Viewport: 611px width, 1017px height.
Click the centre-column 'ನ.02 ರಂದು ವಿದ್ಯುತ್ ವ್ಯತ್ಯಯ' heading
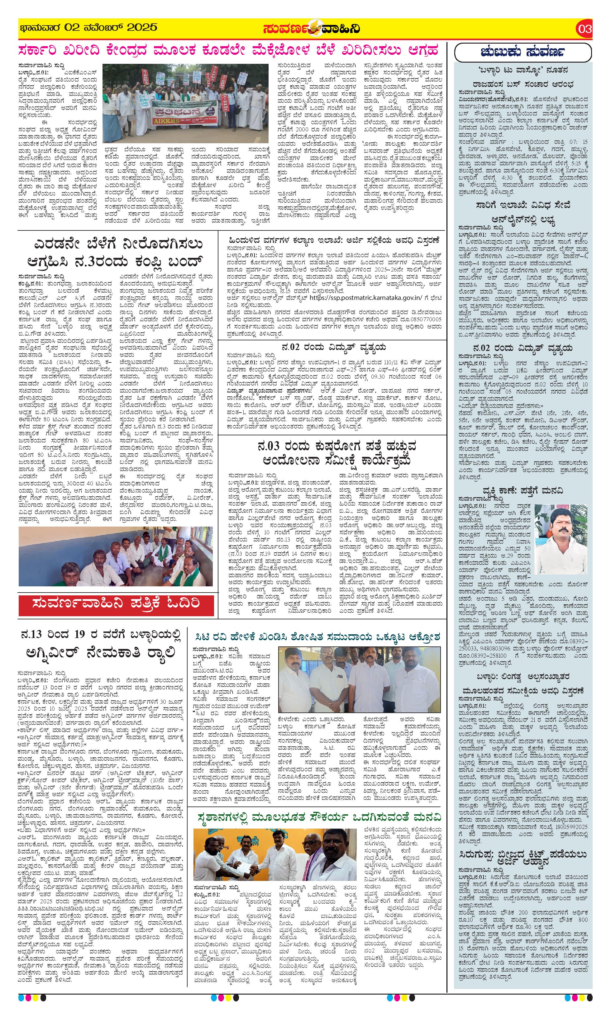pyautogui.click(x=332, y=348)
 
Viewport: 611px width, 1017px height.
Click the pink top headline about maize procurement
pyautogui.click(x=228, y=51)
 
